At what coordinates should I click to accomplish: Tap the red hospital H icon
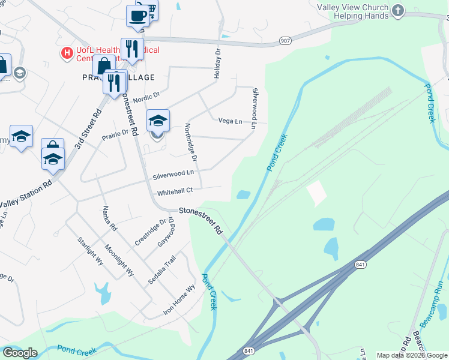click(67, 53)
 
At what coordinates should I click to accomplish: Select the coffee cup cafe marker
click(137, 16)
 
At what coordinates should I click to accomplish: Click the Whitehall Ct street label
click(174, 192)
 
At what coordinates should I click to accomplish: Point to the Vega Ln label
click(230, 121)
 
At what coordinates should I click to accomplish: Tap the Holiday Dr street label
click(218, 65)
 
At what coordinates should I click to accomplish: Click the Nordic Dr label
click(147, 96)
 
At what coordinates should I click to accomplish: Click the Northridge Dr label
click(191, 142)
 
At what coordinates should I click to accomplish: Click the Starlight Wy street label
click(90, 251)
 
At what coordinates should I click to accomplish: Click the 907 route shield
click(285, 40)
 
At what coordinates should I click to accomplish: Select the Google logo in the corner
click(20, 353)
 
